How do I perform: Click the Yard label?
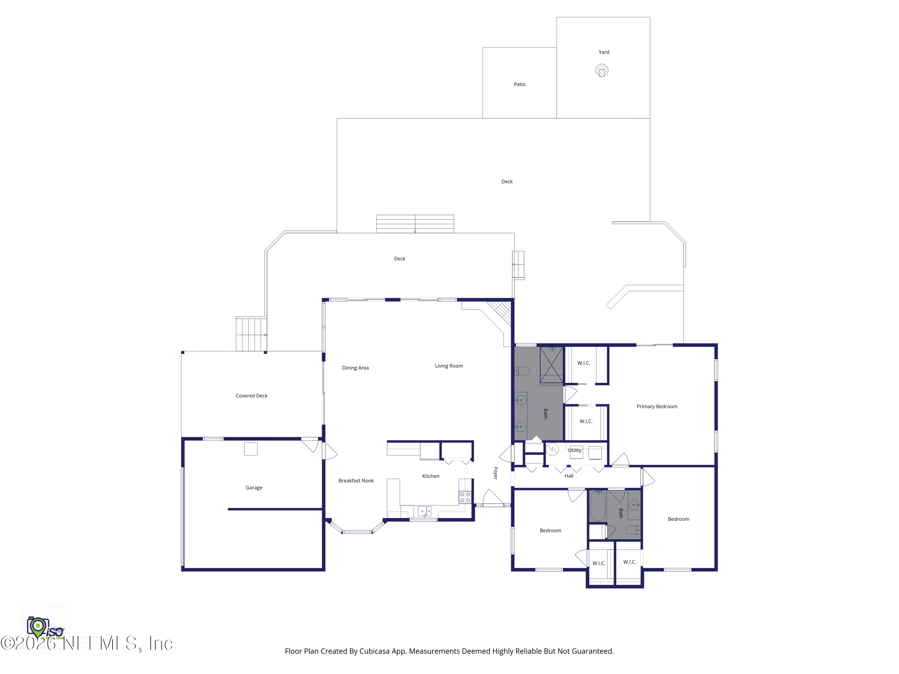point(604,52)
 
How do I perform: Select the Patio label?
point(519,84)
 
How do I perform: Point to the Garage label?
point(254,487)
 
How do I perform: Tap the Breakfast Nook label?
point(356,480)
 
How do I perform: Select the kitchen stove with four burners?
point(465,497)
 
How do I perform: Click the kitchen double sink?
point(424,511)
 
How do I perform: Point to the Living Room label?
point(449,366)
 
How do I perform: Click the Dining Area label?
point(355,368)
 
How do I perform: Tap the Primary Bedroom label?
point(657,406)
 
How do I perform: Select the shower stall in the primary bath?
point(551,365)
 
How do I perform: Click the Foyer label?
point(495,473)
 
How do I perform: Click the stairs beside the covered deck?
point(251,334)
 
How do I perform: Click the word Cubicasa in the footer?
point(374,651)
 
